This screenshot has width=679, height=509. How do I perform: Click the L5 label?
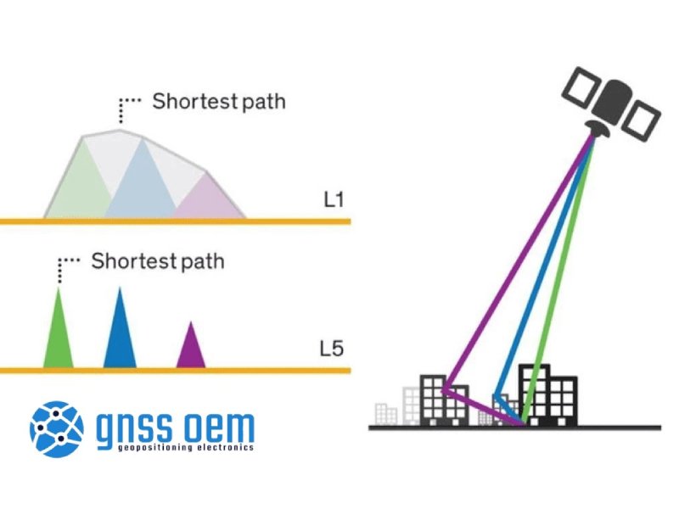tap(332, 348)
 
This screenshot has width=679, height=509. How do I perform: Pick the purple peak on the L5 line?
tap(190, 350)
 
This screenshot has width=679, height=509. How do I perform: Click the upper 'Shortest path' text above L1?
tap(219, 103)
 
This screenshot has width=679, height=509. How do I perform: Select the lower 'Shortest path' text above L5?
tap(158, 260)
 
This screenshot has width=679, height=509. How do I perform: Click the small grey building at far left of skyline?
tap(386, 413)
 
